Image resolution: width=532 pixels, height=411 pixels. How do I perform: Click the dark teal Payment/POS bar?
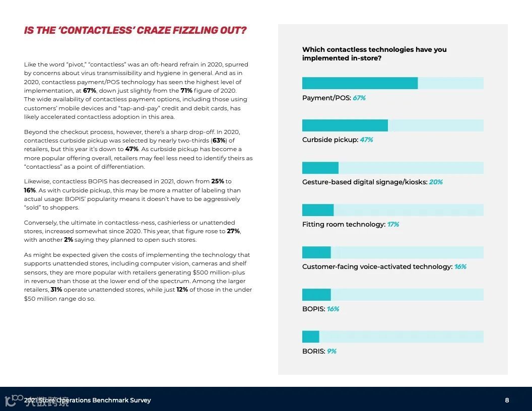click(x=360, y=83)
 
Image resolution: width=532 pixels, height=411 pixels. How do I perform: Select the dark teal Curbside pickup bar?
click(x=345, y=125)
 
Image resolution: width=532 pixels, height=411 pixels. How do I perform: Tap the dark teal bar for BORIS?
click(x=311, y=336)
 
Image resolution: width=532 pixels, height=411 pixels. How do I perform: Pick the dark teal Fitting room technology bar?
click(x=318, y=210)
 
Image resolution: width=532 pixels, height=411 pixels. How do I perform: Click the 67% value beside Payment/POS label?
click(x=359, y=98)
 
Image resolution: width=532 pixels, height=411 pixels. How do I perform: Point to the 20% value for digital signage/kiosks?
click(x=436, y=182)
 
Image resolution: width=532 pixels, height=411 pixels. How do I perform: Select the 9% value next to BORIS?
click(x=331, y=351)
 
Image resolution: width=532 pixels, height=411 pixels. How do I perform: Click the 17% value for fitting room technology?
click(x=393, y=224)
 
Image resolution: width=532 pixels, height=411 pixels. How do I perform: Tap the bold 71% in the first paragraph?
click(x=186, y=91)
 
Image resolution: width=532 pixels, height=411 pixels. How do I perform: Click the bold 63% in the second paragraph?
click(x=219, y=141)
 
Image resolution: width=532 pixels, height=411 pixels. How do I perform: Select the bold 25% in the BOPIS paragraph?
click(x=218, y=181)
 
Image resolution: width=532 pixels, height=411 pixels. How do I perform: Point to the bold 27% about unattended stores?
click(x=233, y=231)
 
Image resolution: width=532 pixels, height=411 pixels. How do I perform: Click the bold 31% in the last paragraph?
click(x=56, y=290)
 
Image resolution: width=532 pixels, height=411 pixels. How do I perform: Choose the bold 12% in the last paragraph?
click(x=182, y=290)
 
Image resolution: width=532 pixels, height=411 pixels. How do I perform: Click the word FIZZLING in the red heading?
click(x=193, y=30)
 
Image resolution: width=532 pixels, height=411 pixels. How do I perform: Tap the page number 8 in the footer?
click(x=507, y=400)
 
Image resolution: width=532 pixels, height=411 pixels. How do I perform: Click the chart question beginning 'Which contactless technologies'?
click(x=374, y=53)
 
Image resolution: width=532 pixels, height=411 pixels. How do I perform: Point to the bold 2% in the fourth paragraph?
click(x=68, y=240)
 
